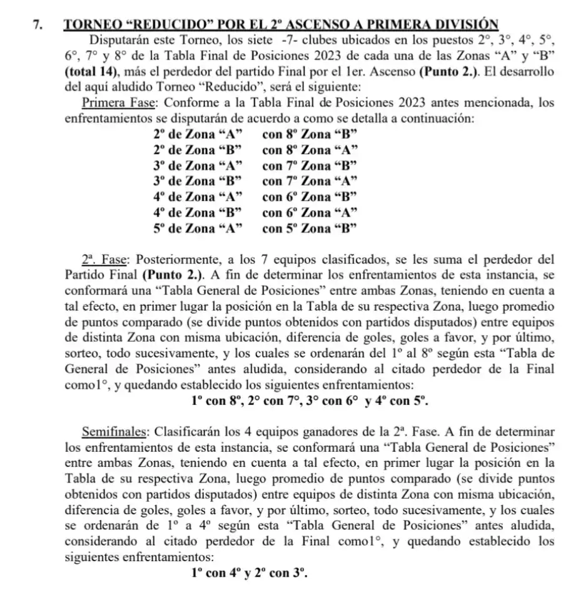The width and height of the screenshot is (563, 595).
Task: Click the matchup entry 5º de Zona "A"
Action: tap(198, 228)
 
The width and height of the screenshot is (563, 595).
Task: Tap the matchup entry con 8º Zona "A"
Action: tap(310, 149)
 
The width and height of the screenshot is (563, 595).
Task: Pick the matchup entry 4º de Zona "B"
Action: tap(198, 212)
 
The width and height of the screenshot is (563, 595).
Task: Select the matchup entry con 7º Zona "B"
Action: tap(310, 165)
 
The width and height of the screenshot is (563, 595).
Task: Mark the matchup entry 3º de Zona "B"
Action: tap(198, 181)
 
